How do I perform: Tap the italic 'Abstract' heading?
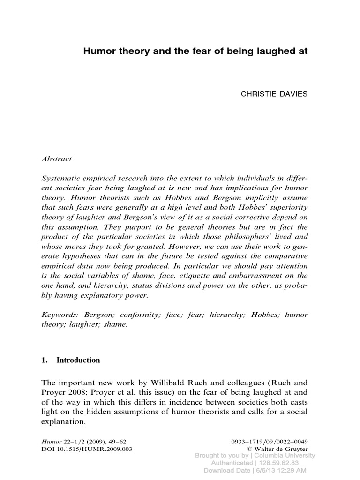click(57, 159)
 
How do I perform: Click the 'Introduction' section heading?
click(78, 360)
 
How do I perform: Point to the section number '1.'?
click(45, 360)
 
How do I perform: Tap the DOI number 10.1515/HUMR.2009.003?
click(87, 449)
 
